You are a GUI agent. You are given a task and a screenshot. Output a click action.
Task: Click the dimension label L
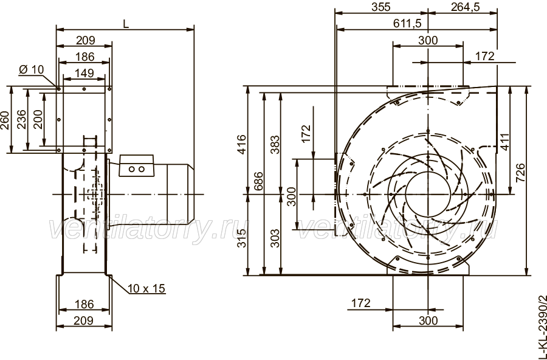click(126, 24)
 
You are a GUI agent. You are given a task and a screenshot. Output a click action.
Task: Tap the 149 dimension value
click(84, 73)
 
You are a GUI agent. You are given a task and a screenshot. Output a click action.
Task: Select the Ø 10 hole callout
click(32, 70)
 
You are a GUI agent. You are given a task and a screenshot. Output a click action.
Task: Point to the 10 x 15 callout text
click(146, 288)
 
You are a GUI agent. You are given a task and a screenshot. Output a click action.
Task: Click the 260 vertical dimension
click(5, 120)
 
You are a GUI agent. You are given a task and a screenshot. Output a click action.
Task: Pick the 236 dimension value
click(21, 119)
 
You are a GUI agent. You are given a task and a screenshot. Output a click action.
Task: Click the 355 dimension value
click(381, 7)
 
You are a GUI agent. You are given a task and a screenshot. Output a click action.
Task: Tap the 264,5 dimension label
click(466, 7)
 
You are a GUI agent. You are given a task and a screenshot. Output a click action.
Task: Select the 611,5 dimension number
click(407, 23)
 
